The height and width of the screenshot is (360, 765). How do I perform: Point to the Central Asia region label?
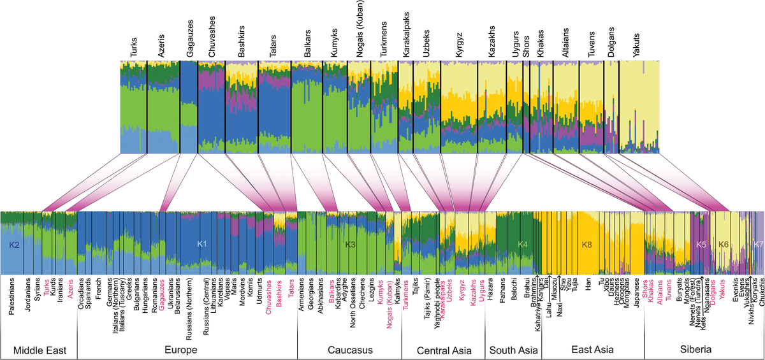pos(444,350)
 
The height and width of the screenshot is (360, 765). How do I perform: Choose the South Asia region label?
pos(514,350)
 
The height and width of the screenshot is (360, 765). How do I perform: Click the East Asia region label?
pos(592,350)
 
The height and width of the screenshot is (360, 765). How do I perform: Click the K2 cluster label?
pos(15,245)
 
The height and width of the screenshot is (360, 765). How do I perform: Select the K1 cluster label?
pos(202,244)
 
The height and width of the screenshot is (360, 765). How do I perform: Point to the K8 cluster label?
pos(587,244)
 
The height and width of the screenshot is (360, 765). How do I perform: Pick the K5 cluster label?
pos(701,244)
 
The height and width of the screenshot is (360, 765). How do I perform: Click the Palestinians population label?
pos(13,294)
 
